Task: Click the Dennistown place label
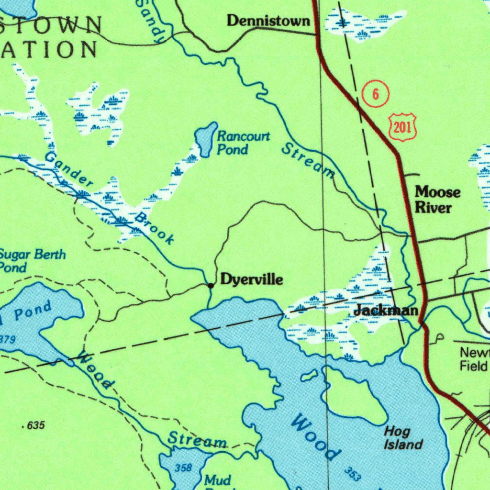[268, 21]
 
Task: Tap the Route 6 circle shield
[376, 94]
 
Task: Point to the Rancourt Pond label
[243, 143]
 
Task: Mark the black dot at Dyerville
[211, 286]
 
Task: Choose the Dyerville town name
[251, 279]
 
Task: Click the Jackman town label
[386, 311]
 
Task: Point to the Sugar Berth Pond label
[32, 261]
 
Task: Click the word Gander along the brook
[69, 170]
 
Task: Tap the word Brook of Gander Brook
[155, 229]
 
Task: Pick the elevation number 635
[34, 425]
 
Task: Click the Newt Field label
[474, 360]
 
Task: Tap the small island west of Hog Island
[309, 375]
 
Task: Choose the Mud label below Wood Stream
[217, 479]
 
